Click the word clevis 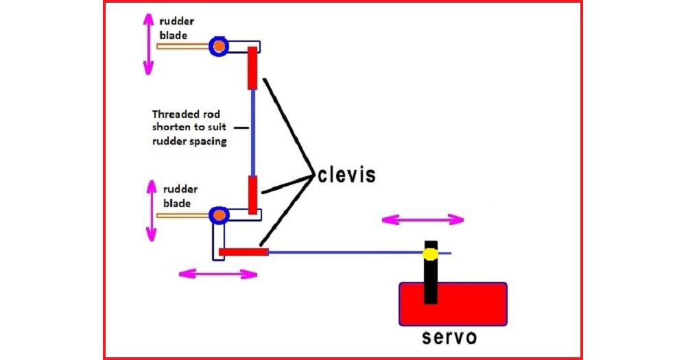(x=346, y=175)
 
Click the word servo (x=449, y=337)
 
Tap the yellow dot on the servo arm (x=431, y=254)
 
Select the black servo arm (x=431, y=272)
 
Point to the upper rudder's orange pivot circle (x=219, y=46)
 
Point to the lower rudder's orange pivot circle (x=220, y=215)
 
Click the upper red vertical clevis (x=252, y=68)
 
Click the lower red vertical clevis (x=253, y=195)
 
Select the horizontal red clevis (x=244, y=252)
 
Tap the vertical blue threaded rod (x=253, y=132)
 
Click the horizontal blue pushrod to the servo (x=359, y=252)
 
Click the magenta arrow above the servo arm (x=423, y=219)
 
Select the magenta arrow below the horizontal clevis (x=218, y=274)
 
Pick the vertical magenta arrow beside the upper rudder (x=149, y=44)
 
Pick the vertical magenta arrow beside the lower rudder (x=152, y=211)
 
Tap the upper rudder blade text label (x=176, y=28)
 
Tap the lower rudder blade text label (x=180, y=196)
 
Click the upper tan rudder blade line (x=184, y=46)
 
